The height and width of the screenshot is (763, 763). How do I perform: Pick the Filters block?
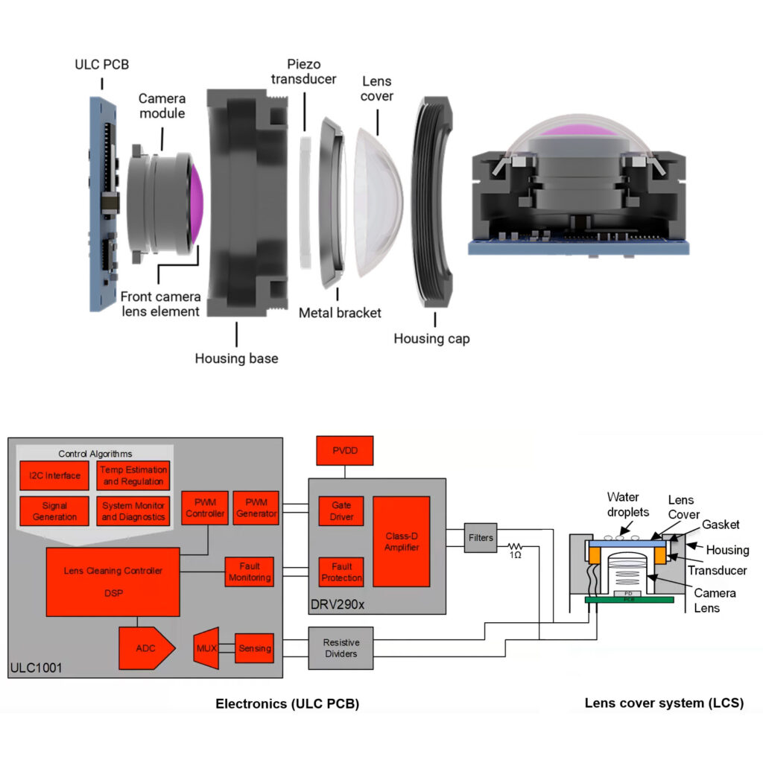481,537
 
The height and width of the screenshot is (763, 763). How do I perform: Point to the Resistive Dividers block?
341,648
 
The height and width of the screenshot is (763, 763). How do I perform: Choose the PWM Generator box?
256,508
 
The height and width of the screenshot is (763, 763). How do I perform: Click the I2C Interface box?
54,475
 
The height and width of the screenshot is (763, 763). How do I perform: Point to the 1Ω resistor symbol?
515,548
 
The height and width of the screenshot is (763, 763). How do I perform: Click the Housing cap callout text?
431,339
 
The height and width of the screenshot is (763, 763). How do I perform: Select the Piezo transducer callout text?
303,72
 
